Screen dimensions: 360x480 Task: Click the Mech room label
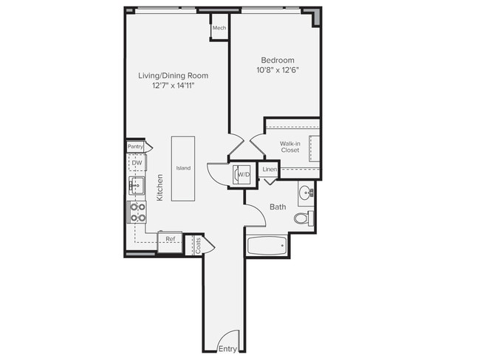[x=219, y=29]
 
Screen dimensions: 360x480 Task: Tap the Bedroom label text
[x=278, y=60]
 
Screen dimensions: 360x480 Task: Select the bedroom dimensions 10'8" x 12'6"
[x=278, y=71]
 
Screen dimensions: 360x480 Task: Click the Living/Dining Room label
[x=173, y=75]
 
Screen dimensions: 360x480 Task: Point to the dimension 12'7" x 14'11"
[x=173, y=86]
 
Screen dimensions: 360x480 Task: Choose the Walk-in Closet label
[x=289, y=147]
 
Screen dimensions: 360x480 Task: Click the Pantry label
[x=135, y=147]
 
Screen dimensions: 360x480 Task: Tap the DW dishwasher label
[x=137, y=163]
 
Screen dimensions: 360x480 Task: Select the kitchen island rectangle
[x=183, y=168]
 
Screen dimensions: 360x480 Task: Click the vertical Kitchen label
[x=160, y=187]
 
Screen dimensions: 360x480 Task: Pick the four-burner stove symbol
[x=137, y=212]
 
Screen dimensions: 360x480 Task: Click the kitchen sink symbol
[x=137, y=184]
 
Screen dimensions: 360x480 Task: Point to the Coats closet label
[x=197, y=246]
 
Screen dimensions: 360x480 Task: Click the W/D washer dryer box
[x=243, y=175]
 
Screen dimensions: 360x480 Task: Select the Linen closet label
[x=270, y=170]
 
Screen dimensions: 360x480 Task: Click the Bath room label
[x=278, y=207]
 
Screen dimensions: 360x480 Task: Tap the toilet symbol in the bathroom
[x=303, y=218]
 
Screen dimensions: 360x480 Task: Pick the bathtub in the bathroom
[x=267, y=246]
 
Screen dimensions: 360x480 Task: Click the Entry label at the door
[x=227, y=348]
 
